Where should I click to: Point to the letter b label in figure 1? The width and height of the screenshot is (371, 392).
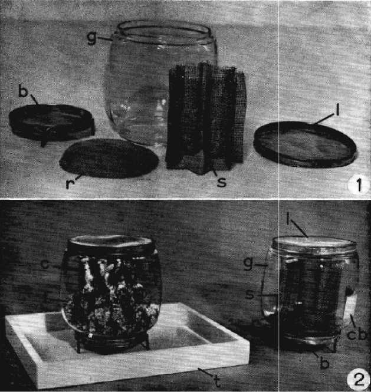[x=23, y=91]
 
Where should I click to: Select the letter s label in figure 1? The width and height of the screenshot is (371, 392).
[x=221, y=182]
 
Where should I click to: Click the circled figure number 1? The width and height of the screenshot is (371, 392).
[x=358, y=185]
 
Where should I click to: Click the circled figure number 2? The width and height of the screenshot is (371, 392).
[x=358, y=380]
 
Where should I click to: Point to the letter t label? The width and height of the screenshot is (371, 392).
[x=217, y=382]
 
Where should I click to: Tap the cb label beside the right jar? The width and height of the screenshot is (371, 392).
[x=356, y=334]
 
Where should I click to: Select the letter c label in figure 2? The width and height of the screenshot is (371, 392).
[x=45, y=264]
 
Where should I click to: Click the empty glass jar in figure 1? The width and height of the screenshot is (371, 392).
[x=160, y=83]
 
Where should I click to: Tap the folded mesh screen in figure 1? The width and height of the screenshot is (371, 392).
[x=206, y=117]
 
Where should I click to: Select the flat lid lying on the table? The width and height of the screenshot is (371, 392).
[x=305, y=144]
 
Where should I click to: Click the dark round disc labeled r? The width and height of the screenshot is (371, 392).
[x=109, y=158]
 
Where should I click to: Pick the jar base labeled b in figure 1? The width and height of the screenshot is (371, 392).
[x=52, y=123]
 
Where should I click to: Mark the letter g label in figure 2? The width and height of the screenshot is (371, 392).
[x=248, y=263]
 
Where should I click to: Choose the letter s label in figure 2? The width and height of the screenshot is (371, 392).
[x=249, y=294]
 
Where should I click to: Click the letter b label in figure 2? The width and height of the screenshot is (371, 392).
[x=324, y=363]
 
